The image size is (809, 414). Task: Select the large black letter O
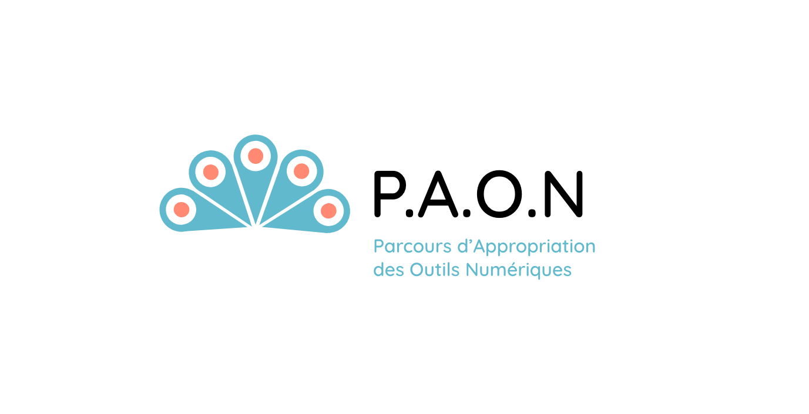(499, 194)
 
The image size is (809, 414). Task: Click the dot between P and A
(409, 213)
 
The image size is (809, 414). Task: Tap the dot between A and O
(467, 213)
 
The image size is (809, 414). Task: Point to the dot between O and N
(532, 213)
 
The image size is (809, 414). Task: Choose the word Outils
(435, 270)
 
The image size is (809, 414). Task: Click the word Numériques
(519, 270)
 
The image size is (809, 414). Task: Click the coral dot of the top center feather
(256, 156)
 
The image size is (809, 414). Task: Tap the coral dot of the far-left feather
(182, 209)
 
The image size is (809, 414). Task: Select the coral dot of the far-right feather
(328, 211)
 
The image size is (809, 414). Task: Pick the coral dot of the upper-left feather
(211, 172)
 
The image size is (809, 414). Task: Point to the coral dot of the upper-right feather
(301, 171)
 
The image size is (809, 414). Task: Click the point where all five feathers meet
(256, 226)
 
